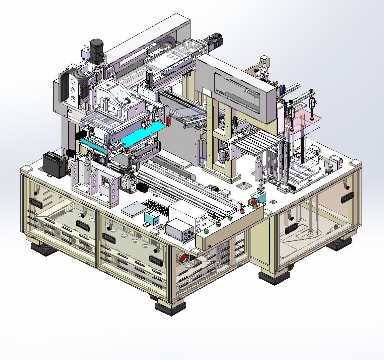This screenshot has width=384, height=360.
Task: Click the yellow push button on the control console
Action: coord(219,224)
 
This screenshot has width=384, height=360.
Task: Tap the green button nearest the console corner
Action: coord(207,230)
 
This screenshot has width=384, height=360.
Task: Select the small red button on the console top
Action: coord(242,211)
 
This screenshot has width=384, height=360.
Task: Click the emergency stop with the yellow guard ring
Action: coord(255,203)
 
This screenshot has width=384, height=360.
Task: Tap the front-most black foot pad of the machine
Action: coord(170,307)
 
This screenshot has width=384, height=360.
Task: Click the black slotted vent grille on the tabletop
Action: coord(156,207)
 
